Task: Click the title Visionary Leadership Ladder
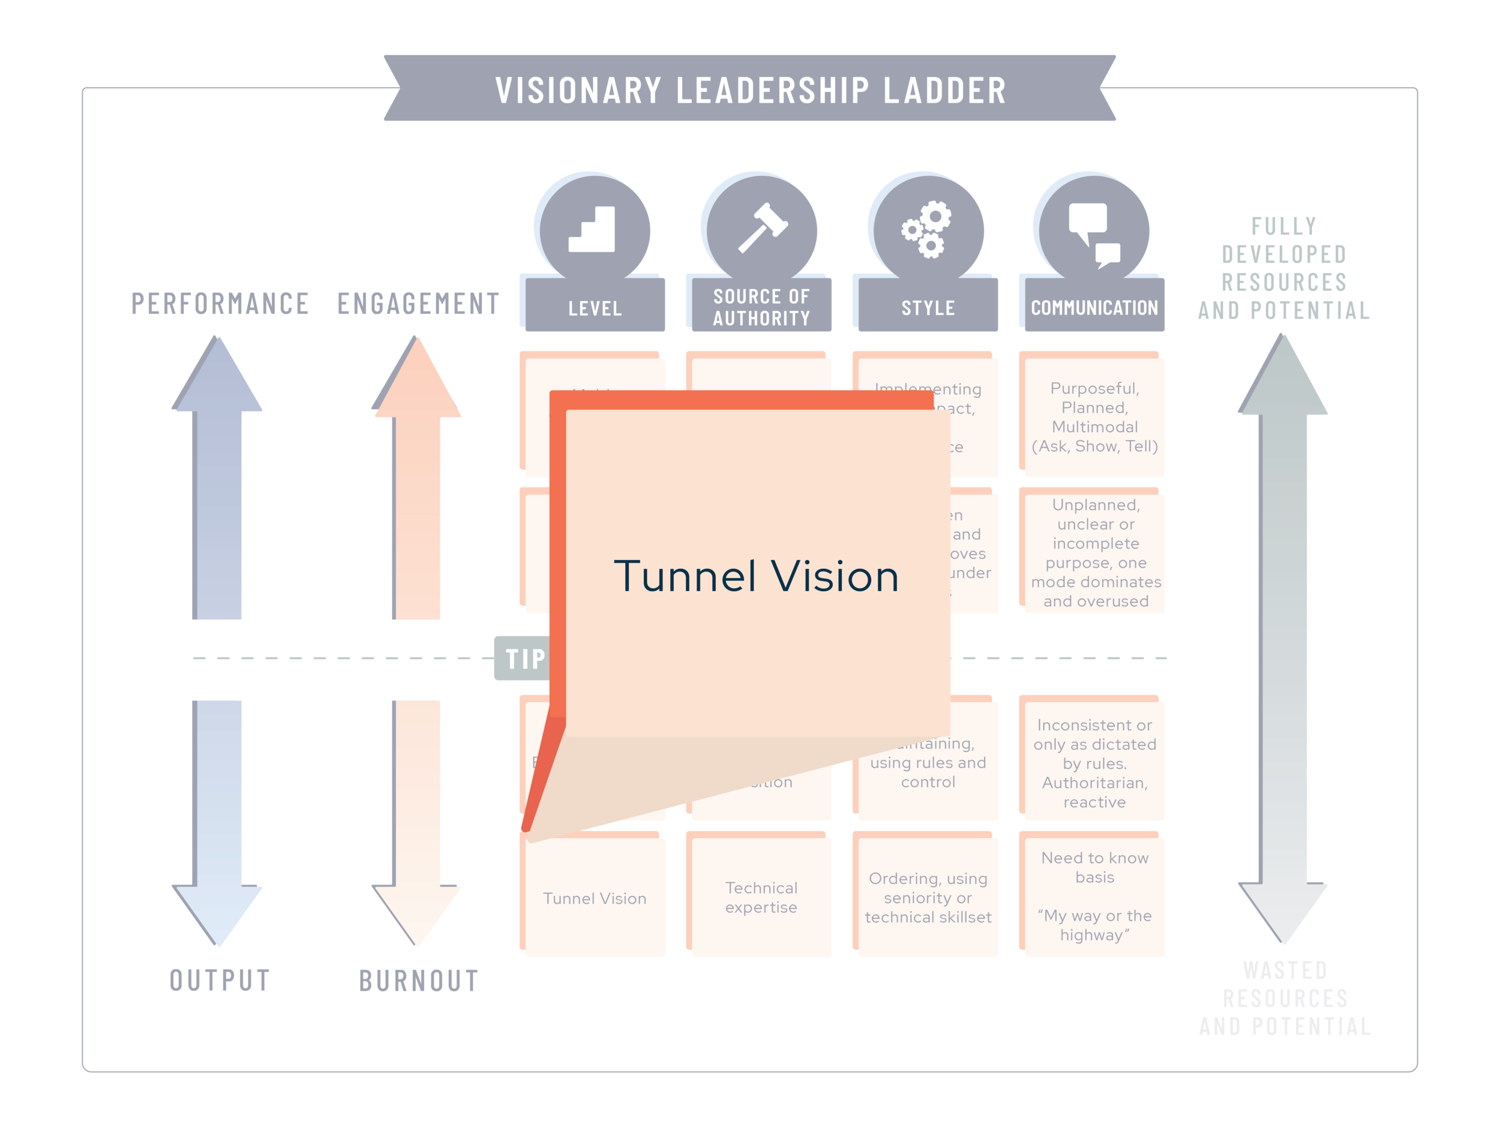[x=750, y=90]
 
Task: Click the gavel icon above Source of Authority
[x=762, y=229]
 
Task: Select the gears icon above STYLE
[x=928, y=230]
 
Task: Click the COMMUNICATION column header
[x=1094, y=307]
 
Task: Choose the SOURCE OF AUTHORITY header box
[x=761, y=307]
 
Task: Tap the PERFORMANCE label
[x=220, y=303]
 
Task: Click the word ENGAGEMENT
[x=418, y=303]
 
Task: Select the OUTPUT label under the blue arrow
[x=220, y=980]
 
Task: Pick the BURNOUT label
[x=418, y=981]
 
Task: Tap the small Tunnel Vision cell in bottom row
[x=595, y=898]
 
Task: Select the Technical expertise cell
[x=761, y=897]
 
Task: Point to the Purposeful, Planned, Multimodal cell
[x=1094, y=416]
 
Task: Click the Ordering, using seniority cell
[x=928, y=897]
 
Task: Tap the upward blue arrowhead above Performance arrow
[x=218, y=376]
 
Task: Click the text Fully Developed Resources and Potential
[x=1283, y=268]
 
